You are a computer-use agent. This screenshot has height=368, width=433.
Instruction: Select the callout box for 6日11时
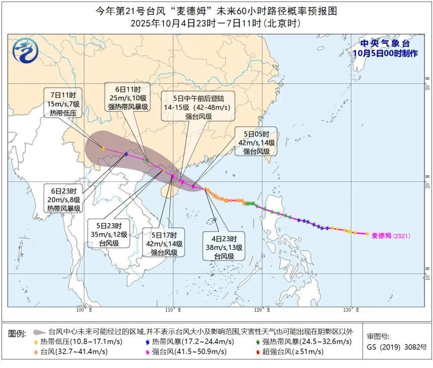(x=128, y=96)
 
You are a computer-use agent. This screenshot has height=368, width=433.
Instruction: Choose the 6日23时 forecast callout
(x=64, y=200)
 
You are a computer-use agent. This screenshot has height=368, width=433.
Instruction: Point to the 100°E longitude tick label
(x=84, y=310)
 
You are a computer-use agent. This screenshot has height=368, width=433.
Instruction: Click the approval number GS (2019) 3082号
(x=397, y=347)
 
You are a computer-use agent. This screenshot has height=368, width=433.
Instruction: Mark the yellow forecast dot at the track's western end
(x=103, y=148)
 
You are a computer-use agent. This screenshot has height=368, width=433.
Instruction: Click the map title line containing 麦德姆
(x=216, y=10)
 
